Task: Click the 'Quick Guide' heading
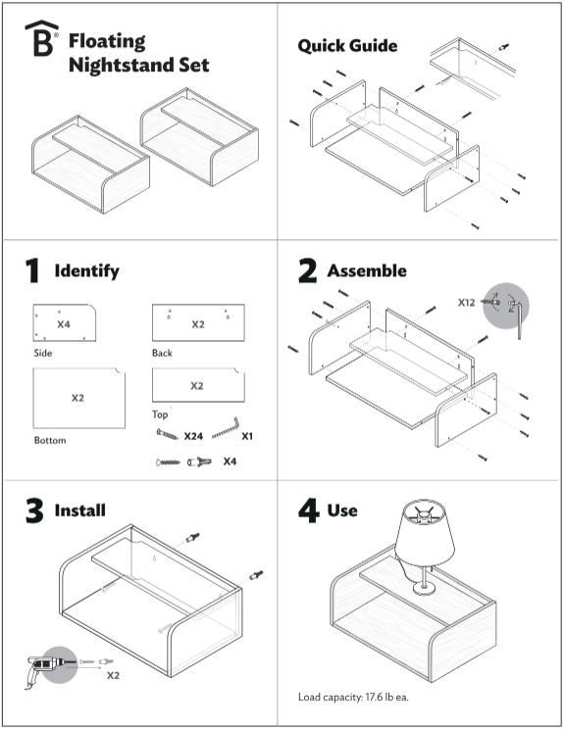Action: (347, 46)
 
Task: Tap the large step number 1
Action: (32, 270)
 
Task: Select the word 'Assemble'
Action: (366, 269)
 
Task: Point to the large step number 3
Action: (33, 510)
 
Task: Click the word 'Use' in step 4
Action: (342, 510)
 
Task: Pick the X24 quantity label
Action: (193, 435)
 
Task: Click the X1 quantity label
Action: (246, 435)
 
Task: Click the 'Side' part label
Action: (42, 353)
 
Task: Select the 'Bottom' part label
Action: (50, 441)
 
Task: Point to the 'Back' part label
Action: (162, 353)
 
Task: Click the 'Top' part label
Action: (160, 414)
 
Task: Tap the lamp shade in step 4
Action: (424, 536)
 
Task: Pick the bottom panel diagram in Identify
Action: (78, 398)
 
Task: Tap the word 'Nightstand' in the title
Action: (137, 66)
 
